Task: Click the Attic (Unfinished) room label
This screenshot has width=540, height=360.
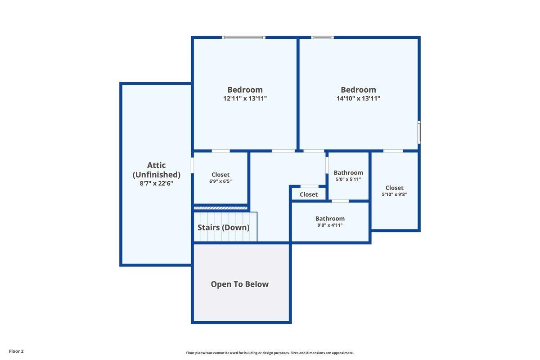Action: [157, 170]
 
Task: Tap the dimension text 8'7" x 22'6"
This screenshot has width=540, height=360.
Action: [157, 183]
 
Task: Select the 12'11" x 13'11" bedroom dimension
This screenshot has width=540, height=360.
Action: [245, 99]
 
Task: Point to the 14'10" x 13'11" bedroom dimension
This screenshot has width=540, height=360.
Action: [358, 99]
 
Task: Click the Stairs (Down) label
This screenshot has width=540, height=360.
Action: [223, 227]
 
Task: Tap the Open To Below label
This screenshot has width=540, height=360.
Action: [239, 284]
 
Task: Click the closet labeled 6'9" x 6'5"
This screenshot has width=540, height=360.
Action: [220, 177]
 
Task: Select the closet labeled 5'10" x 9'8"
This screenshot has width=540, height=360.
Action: [394, 191]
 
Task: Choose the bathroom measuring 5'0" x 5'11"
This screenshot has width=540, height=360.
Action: [348, 175]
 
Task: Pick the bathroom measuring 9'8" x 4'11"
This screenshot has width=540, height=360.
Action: [330, 221]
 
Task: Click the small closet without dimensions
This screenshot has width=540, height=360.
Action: [309, 194]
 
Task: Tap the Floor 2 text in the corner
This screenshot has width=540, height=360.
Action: [16, 351]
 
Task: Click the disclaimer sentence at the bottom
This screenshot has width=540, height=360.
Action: [270, 353]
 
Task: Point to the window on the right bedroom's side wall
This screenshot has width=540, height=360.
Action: [419, 133]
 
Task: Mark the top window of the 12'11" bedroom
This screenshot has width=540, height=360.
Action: [243, 37]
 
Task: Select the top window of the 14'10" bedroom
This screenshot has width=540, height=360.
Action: [322, 37]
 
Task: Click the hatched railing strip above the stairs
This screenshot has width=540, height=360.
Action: [220, 208]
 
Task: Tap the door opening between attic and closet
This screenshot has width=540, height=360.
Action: [192, 165]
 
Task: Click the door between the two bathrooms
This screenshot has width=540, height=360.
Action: [340, 201]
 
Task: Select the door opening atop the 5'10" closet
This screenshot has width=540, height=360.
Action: [393, 151]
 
